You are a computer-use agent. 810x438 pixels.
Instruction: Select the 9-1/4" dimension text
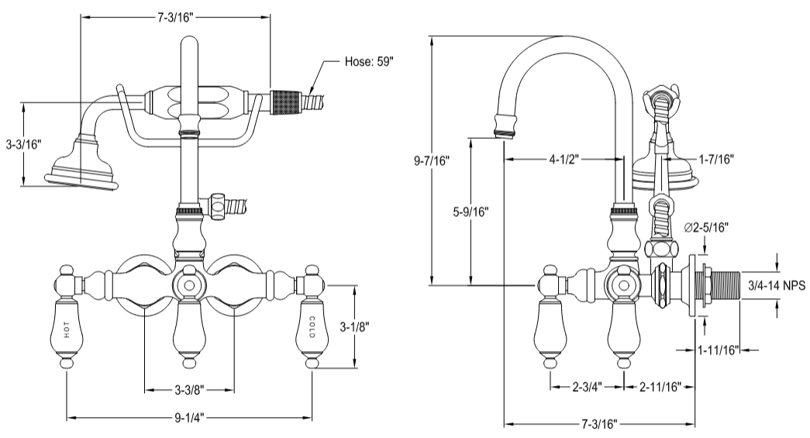189,417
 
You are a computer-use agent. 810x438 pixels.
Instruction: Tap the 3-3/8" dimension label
190,388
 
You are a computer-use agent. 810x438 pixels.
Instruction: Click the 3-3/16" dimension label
23,144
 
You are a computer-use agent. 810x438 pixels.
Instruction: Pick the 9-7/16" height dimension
434,161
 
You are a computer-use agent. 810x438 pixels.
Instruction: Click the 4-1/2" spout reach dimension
564,160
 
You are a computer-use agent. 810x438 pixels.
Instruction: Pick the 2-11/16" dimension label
660,386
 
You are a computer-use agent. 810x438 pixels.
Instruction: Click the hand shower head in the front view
79,166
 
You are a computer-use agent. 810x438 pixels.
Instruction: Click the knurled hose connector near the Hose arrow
285,102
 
